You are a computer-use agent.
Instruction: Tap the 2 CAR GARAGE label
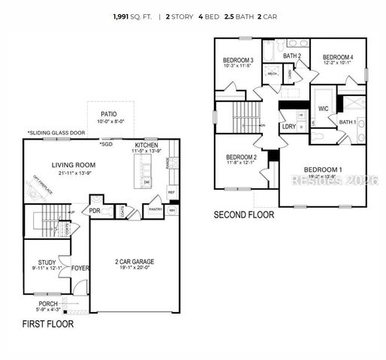136,262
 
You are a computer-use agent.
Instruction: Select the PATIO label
109,115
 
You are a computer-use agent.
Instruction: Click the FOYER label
80,268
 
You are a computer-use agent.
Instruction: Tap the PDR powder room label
95,211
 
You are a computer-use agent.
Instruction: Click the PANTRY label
154,210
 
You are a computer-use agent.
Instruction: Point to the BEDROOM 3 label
237,60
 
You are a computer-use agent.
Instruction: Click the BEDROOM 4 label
338,57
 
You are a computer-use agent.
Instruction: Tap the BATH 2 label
292,55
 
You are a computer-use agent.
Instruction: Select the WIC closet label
324,109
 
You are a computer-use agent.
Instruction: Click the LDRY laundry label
289,127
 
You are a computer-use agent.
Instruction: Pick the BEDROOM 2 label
242,157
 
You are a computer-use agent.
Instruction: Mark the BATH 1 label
347,121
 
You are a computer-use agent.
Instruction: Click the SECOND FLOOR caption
244,214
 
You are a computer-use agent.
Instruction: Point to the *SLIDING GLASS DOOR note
56,133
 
